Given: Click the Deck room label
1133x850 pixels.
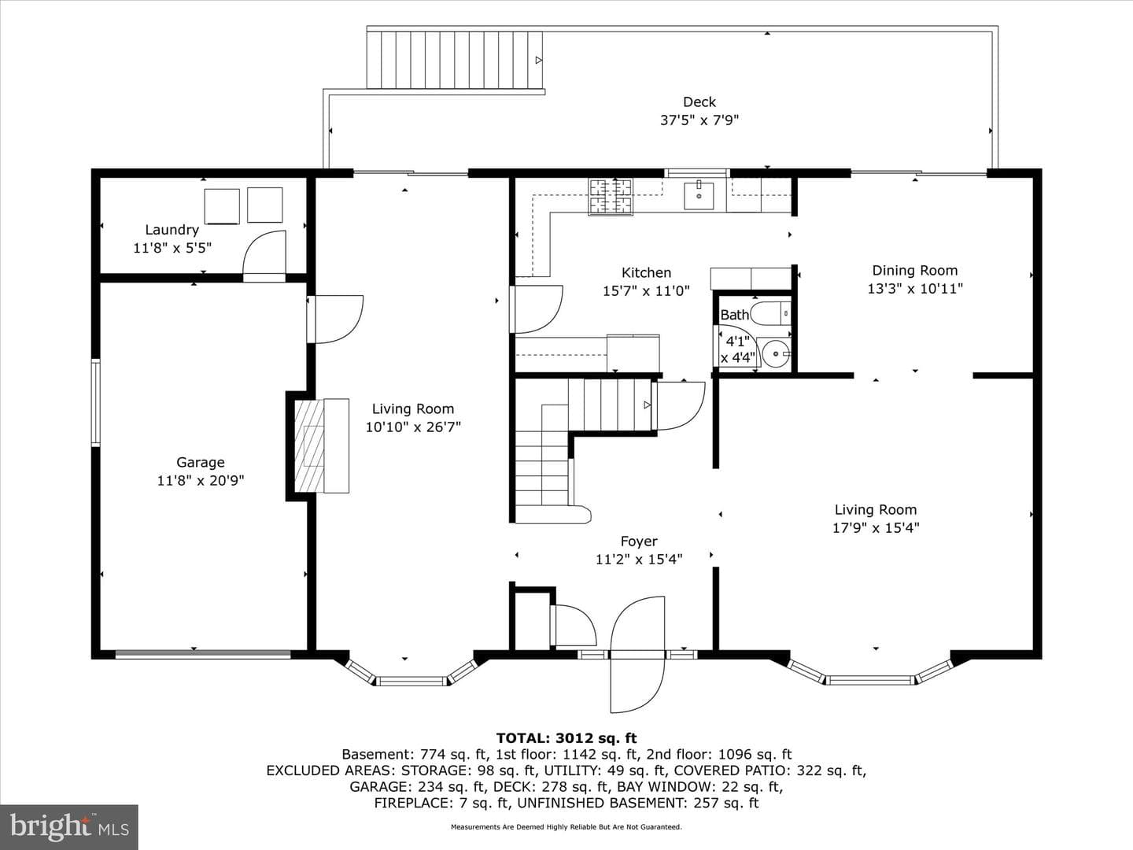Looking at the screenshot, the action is (699, 102).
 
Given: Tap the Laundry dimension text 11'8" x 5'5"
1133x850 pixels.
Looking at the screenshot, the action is (172, 248).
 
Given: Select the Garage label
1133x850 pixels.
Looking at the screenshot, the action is (201, 463).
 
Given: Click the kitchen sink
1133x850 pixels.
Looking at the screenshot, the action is (699, 196).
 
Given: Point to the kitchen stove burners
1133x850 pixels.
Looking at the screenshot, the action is (611, 196).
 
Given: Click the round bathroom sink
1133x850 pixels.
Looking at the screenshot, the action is (776, 354).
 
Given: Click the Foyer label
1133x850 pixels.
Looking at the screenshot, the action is (639, 541).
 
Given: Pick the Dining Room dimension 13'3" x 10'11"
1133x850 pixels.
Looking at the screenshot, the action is (914, 289).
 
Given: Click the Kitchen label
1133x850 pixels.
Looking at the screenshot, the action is (646, 272).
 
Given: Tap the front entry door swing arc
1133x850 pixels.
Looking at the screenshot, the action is (638, 655).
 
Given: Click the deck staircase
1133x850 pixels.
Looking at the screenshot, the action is (455, 60).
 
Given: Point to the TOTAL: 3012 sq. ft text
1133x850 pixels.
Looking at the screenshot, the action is (566, 738).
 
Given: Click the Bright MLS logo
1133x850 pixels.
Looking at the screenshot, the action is (68, 826).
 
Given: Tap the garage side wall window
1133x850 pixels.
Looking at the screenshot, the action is (95, 402).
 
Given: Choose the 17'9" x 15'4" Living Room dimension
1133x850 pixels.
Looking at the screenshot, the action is (876, 528).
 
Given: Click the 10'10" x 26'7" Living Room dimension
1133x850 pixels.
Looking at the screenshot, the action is (413, 427).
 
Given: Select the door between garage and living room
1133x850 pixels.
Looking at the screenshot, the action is (335, 320).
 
